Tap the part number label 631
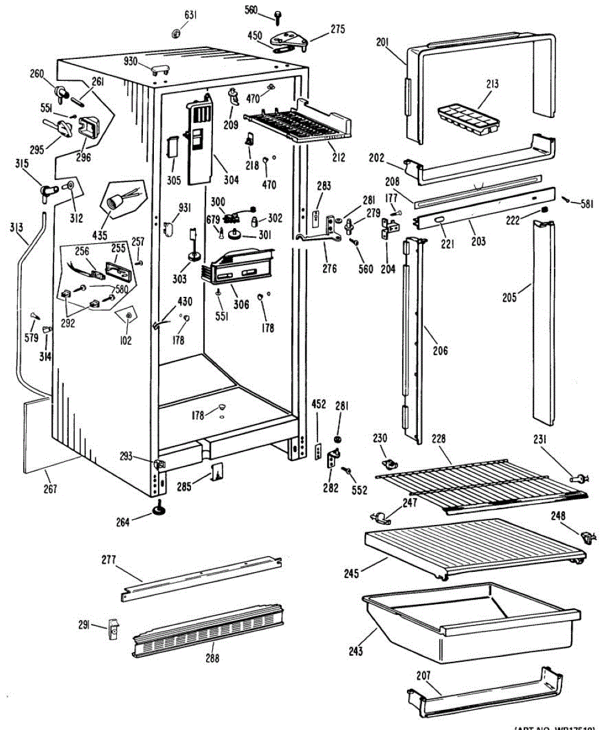pos(190,15)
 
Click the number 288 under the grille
pos(212,658)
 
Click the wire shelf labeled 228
pos(480,481)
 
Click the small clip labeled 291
pos(113,627)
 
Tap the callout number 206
pos(440,350)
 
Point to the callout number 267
pos(50,488)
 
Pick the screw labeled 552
pos(347,470)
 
